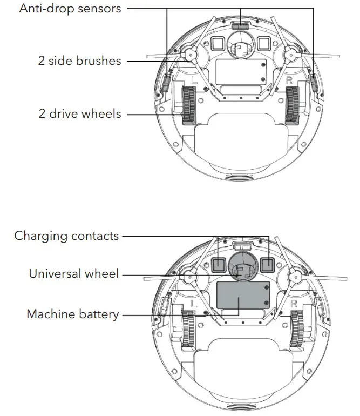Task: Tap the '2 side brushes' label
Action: pyautogui.click(x=79, y=61)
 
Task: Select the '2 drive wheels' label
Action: pyautogui.click(x=79, y=113)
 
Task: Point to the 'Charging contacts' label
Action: pyautogui.click(x=66, y=236)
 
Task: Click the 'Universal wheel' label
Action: pyautogui.click(x=74, y=273)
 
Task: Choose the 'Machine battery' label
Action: pyautogui.click(x=73, y=314)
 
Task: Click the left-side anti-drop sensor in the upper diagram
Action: pyautogui.click(x=167, y=83)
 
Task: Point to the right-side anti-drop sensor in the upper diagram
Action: pyautogui.click(x=314, y=83)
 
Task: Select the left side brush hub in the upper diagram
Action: pyautogui.click(x=189, y=55)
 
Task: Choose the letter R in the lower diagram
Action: pyautogui.click(x=294, y=304)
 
